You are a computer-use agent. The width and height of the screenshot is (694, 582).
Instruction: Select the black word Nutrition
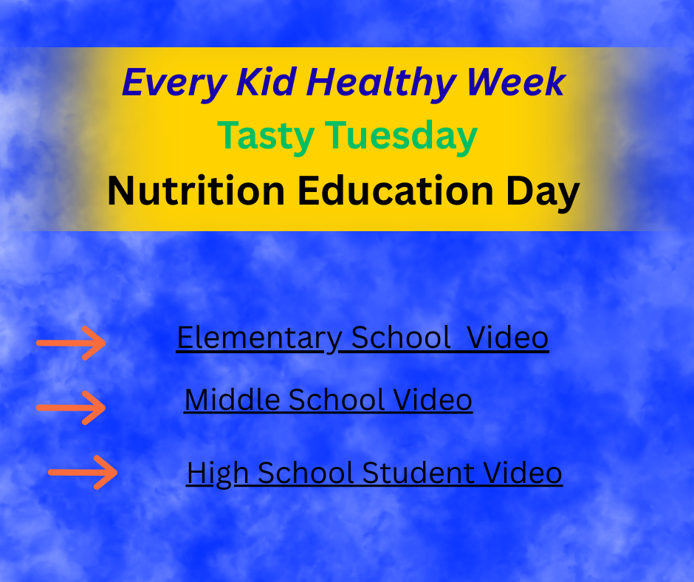pyautogui.click(x=196, y=192)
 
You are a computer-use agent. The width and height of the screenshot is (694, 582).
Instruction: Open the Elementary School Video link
pyautogui.click(x=363, y=338)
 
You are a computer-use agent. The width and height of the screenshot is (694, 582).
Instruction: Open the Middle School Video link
pyautogui.click(x=328, y=400)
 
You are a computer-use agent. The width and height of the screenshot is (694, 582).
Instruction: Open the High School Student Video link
pyautogui.click(x=374, y=473)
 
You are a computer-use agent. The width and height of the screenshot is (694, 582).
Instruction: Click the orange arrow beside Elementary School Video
pyautogui.click(x=72, y=343)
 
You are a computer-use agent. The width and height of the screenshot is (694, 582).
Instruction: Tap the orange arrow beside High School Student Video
pyautogui.click(x=83, y=471)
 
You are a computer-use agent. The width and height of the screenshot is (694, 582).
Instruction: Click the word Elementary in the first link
pyautogui.click(x=258, y=338)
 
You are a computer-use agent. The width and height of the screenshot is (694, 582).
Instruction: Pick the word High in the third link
pyautogui.click(x=210, y=473)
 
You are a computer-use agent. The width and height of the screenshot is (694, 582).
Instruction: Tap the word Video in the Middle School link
pyautogui.click(x=433, y=400)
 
